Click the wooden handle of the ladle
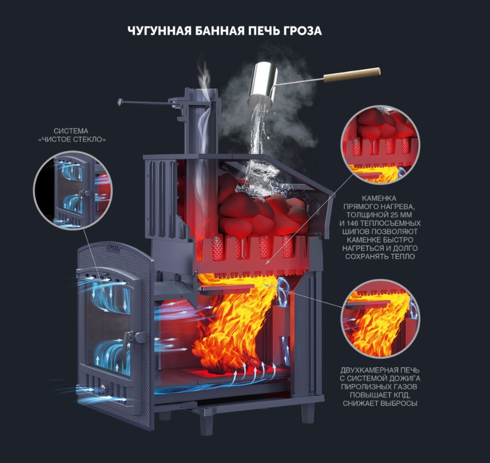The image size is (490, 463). pos(352,75)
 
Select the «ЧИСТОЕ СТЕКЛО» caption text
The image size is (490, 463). pos(72,139)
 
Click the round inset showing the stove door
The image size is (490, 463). pos(73,190)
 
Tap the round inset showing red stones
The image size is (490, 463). pos(380,145)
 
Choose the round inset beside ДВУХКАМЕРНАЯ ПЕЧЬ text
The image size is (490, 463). pos(380,318)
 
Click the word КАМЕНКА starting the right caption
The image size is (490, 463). pos(379,198)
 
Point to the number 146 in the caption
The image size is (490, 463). pos(353,223)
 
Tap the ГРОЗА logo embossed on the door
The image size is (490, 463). pos(113,247)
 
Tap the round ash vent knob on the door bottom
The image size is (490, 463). pos(102,388)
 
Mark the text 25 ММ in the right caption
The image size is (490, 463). pos(407,215)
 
